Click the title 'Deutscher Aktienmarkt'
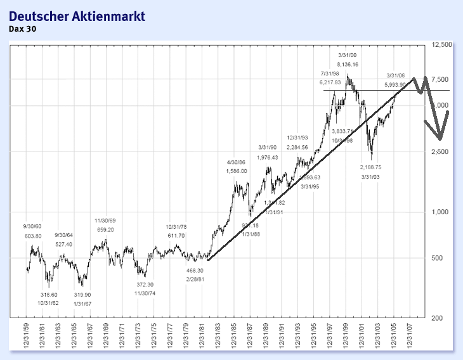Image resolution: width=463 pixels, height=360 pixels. (72, 15)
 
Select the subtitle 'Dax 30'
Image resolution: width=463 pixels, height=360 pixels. (22, 28)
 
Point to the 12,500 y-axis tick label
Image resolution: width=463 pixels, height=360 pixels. (441, 45)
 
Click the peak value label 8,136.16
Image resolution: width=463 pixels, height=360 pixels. (348, 65)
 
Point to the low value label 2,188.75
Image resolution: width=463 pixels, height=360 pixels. (370, 167)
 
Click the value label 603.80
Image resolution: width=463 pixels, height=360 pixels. (32, 236)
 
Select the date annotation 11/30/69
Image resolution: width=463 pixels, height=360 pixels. (105, 221)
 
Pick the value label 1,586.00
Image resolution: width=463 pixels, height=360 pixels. (237, 171)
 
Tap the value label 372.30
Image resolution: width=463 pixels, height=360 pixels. (145, 285)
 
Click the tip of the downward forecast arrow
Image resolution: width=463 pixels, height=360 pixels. (440, 139)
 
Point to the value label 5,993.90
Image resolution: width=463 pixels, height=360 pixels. (399, 84)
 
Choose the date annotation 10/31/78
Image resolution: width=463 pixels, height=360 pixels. (176, 227)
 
